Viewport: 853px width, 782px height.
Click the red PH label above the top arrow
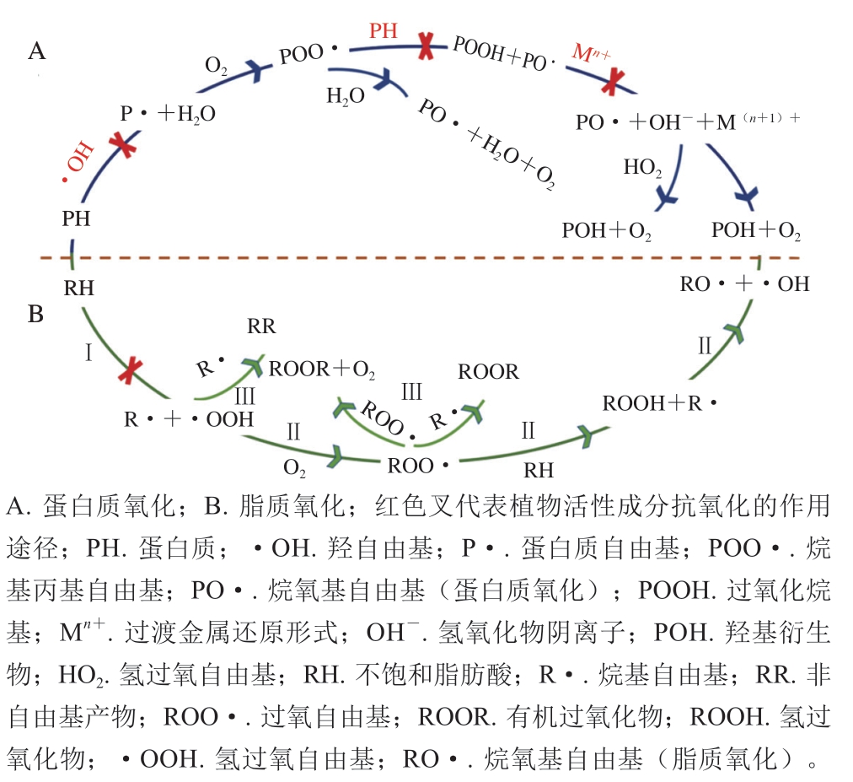[384, 30]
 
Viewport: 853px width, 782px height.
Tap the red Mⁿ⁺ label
[592, 54]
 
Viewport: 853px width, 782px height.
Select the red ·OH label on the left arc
[78, 162]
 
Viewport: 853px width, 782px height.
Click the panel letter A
[37, 51]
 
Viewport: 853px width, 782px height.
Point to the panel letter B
[36, 314]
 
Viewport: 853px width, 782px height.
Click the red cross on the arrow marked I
[131, 371]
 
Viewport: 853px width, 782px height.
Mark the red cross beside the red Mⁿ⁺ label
[613, 82]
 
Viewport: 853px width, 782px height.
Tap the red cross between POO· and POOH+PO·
[426, 46]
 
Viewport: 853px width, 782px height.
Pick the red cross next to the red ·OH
[123, 144]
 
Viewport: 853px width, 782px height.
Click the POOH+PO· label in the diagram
[503, 55]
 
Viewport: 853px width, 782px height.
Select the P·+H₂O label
[168, 114]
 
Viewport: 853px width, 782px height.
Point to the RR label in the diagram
[261, 326]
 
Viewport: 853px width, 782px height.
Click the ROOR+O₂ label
[322, 369]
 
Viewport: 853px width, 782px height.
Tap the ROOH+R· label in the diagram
[659, 403]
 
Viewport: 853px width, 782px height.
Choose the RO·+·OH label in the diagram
[745, 283]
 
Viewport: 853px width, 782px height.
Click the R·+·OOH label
[189, 419]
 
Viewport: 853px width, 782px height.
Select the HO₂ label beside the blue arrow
[642, 168]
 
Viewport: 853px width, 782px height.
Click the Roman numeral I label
[89, 353]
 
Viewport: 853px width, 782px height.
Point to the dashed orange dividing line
[420, 257]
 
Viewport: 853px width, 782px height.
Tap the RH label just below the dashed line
[79, 288]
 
